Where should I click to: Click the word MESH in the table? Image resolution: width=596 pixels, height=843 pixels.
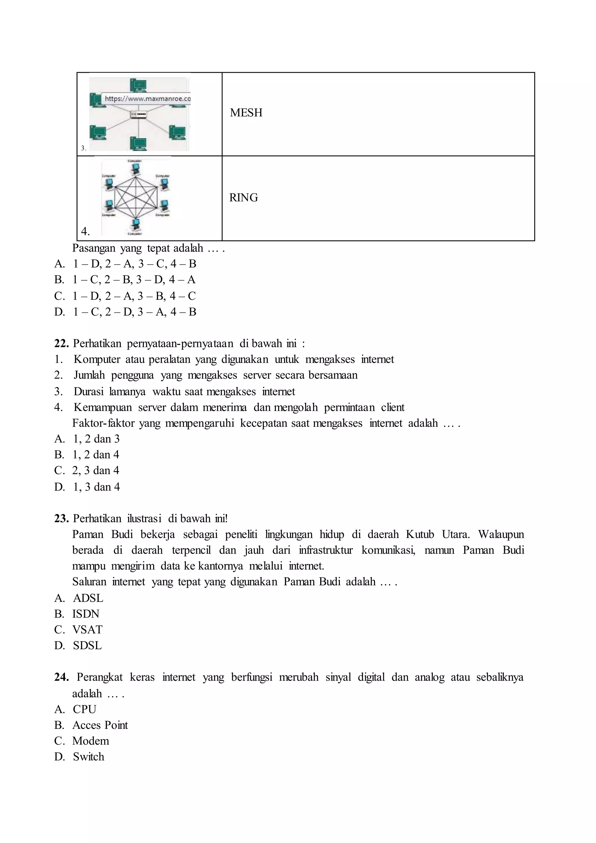point(246,113)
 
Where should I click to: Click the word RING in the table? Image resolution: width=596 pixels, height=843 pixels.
point(243,198)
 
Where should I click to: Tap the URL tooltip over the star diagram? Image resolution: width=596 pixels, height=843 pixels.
point(147,99)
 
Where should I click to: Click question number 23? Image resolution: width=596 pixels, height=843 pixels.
point(61,518)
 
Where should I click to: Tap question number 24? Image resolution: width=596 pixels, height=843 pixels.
point(61,677)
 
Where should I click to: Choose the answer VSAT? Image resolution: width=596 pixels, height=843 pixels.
point(87,630)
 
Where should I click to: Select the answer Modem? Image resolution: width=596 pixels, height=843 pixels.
point(91,741)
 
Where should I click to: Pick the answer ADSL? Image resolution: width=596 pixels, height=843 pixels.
point(88,598)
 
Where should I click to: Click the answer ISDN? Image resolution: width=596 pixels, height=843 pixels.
point(86,614)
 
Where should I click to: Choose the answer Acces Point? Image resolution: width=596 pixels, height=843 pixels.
point(100,725)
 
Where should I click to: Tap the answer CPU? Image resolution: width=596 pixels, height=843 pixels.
point(84,709)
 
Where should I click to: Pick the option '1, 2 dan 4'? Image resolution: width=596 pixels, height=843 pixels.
point(96,455)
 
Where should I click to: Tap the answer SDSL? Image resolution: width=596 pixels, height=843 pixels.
point(87,645)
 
